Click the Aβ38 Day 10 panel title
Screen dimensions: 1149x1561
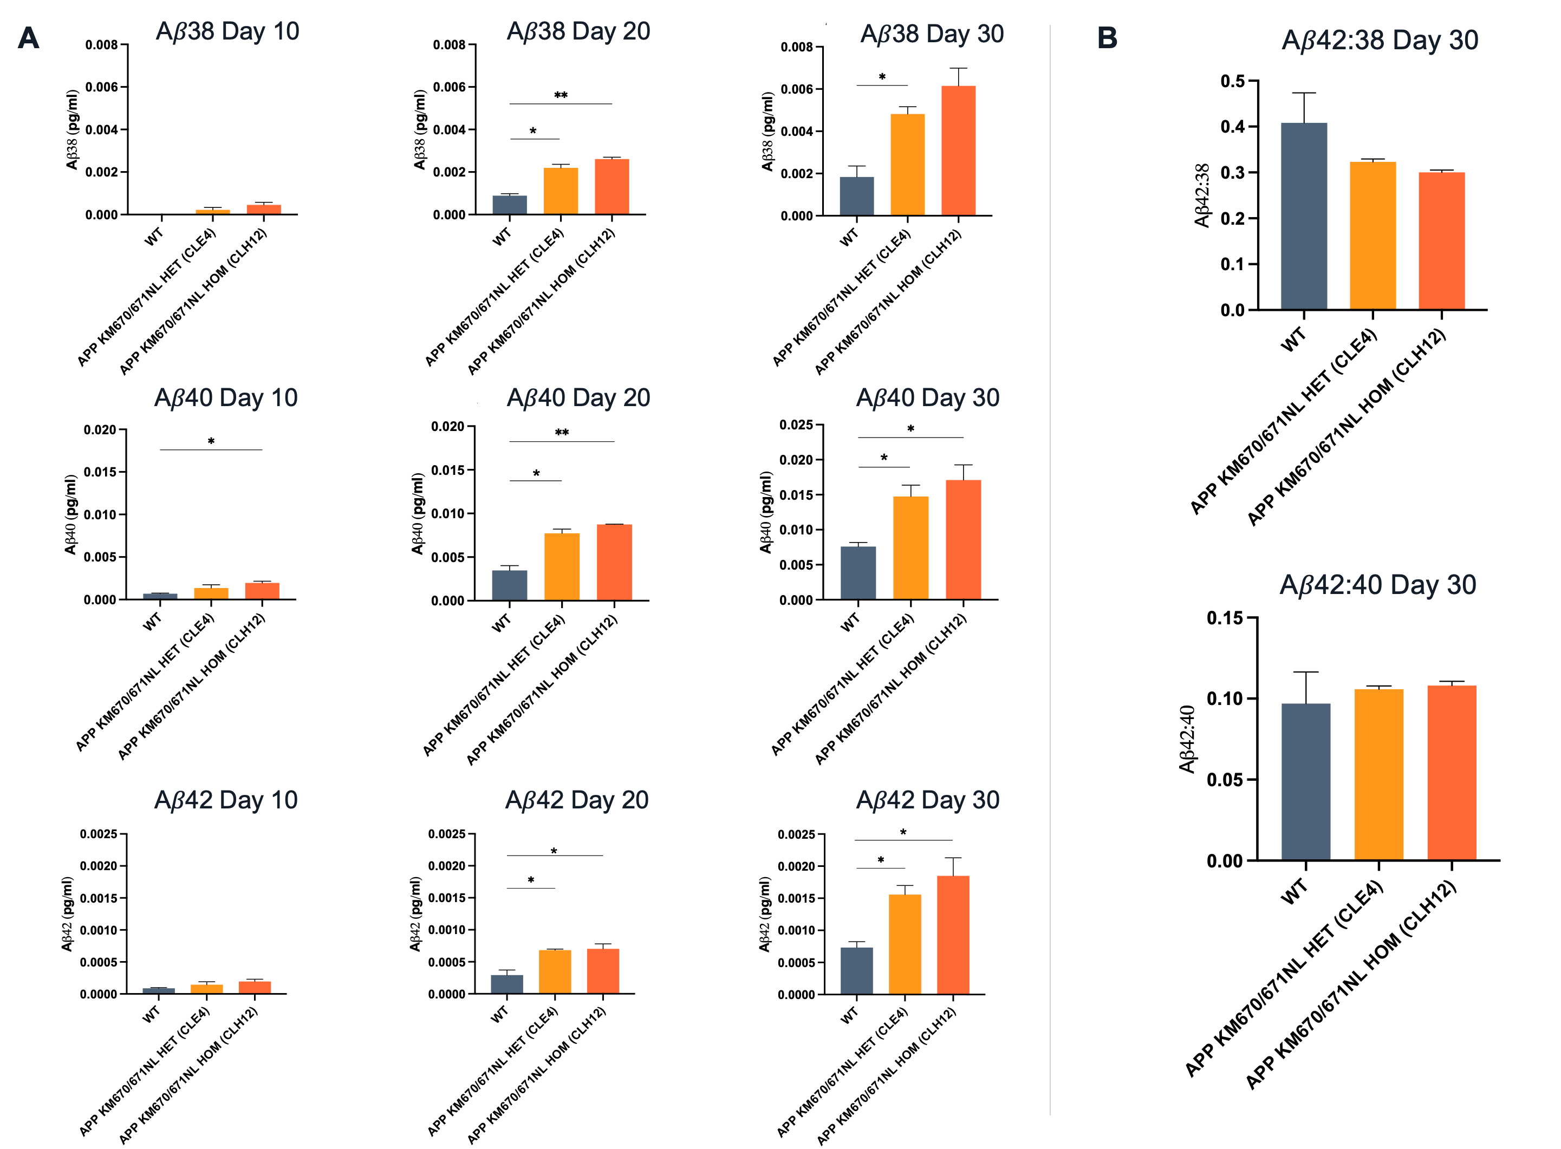(227, 31)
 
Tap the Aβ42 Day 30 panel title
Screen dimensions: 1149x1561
(927, 800)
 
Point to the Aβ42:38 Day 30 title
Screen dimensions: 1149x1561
(1380, 41)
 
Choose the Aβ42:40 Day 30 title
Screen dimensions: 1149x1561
(1377, 585)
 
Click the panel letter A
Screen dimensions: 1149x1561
(29, 38)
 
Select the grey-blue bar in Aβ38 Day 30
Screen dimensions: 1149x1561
(856, 195)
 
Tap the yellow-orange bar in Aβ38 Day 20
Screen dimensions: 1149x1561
(561, 191)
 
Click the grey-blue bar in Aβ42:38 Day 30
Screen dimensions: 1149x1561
(1304, 216)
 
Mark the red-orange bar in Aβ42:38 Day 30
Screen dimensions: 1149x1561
(1441, 240)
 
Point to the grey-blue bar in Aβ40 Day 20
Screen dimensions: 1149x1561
(509, 585)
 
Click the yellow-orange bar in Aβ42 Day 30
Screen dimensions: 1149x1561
(905, 944)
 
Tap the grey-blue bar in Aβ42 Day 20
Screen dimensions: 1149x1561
(506, 983)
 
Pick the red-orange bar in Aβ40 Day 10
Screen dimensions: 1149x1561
(262, 591)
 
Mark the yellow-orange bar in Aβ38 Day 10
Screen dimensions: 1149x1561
(212, 211)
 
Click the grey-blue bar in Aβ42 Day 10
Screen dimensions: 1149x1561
(159, 990)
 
